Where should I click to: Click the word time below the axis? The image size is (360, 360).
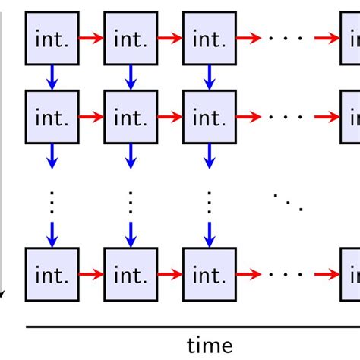pyautogui.click(x=210, y=346)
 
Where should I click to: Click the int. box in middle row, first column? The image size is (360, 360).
pyautogui.click(x=51, y=116)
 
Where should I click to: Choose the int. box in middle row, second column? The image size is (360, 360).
pyautogui.click(x=130, y=116)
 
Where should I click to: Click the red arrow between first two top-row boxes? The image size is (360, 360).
pyautogui.click(x=90, y=36)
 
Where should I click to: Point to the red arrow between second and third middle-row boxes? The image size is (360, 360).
pyautogui.click(x=169, y=116)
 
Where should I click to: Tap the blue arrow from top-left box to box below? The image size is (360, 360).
pyautogui.click(x=52, y=76)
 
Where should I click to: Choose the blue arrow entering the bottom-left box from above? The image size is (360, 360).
pyautogui.click(x=52, y=233)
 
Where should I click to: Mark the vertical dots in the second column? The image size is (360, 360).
pyautogui.click(x=130, y=202)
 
